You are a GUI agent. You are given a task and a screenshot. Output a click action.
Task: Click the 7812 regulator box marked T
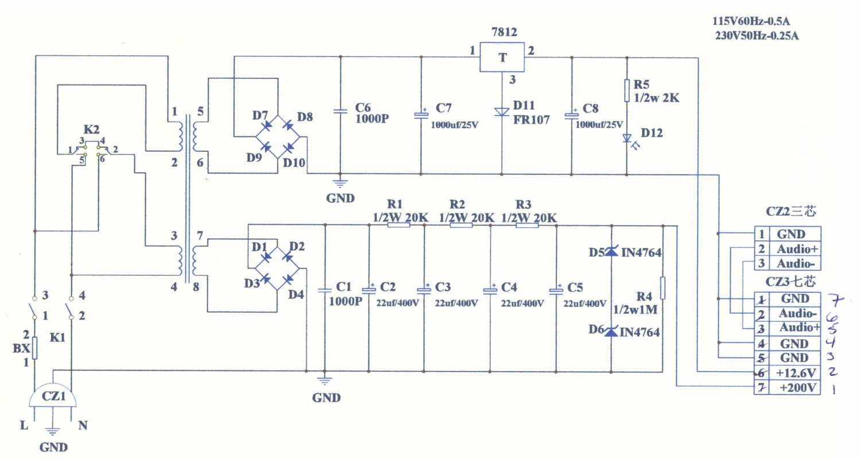pyautogui.click(x=503, y=57)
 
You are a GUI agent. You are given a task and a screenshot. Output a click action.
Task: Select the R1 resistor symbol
pyautogui.click(x=399, y=225)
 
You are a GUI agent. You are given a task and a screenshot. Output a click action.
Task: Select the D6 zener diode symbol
pyautogui.click(x=610, y=331)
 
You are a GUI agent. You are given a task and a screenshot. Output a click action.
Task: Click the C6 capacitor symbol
pyautogui.click(x=340, y=112)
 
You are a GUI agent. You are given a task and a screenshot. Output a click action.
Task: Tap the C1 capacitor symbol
pyautogui.click(x=325, y=290)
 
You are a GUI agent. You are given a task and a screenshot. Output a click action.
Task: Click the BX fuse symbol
pyautogui.click(x=35, y=348)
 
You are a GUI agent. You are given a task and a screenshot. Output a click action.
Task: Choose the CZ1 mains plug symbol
pyautogui.click(x=53, y=396)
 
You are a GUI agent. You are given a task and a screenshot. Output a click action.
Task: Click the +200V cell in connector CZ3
pyautogui.click(x=796, y=388)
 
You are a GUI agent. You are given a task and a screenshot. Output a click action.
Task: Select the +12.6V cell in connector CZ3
pyautogui.click(x=796, y=373)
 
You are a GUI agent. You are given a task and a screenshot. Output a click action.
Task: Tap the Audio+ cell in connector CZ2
pyautogui.click(x=797, y=249)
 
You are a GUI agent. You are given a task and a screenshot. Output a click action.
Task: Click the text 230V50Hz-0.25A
pyautogui.click(x=757, y=36)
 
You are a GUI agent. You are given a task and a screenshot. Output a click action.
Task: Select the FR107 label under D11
pyautogui.click(x=532, y=120)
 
